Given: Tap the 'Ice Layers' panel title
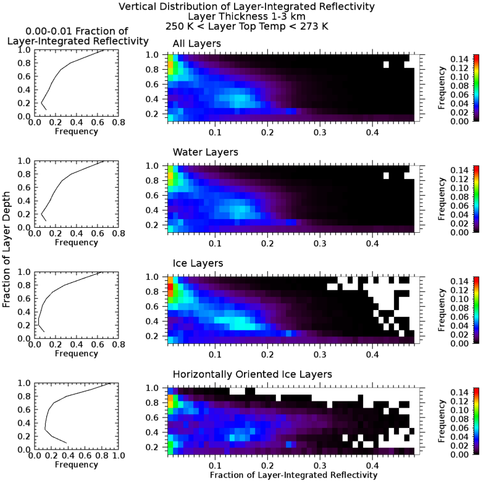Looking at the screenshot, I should (x=198, y=263).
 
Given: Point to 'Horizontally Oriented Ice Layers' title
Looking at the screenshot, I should (x=253, y=374).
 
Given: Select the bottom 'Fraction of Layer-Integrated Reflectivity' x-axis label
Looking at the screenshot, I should (x=293, y=475).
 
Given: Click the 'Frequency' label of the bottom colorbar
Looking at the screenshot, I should (x=443, y=422).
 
